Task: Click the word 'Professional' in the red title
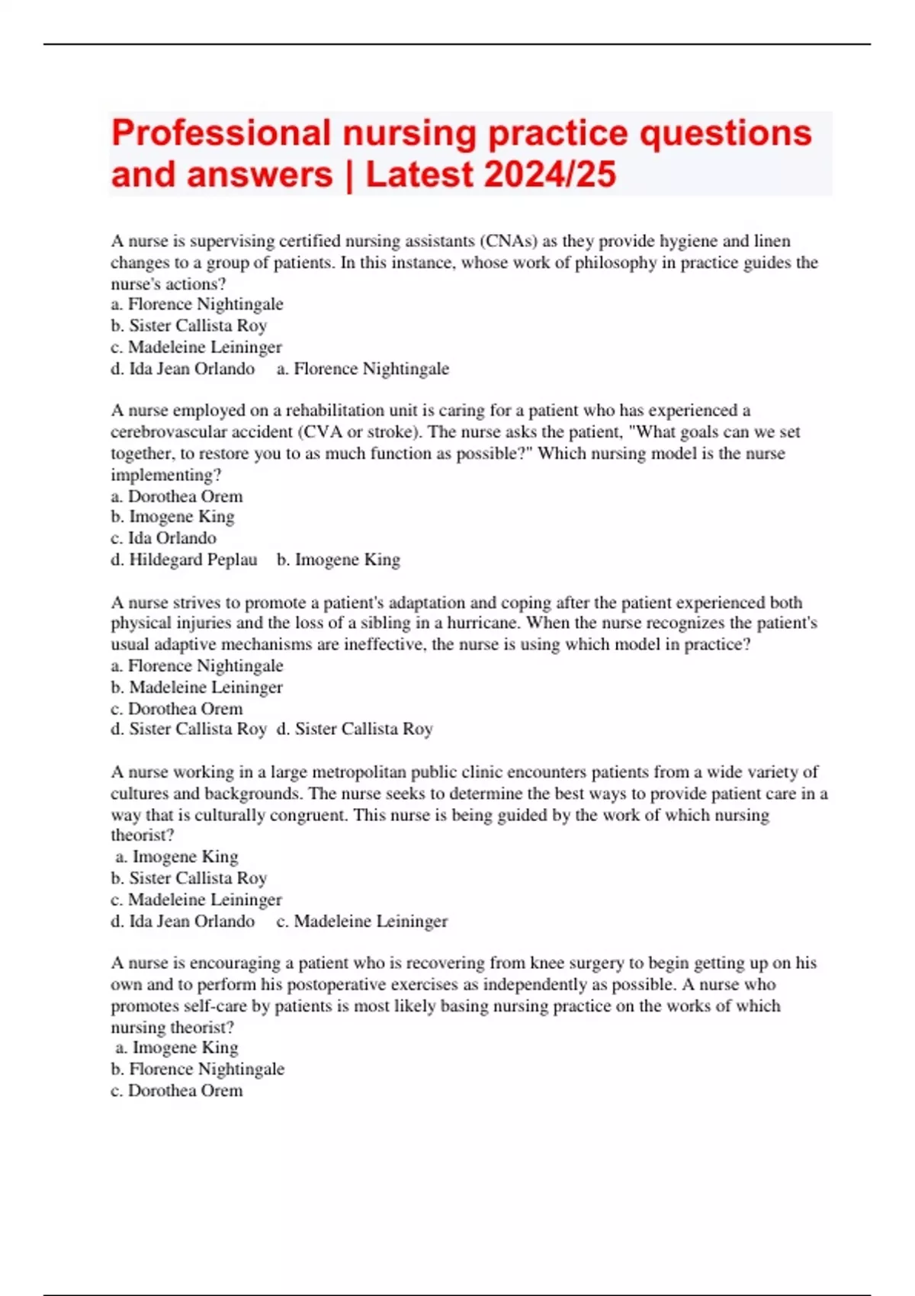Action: [220, 133]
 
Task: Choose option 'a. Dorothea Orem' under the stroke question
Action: [177, 496]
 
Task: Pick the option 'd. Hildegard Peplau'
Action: [184, 560]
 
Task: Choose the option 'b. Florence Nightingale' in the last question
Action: [197, 1069]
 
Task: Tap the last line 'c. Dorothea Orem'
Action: [177, 1090]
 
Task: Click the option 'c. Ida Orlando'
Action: [163, 538]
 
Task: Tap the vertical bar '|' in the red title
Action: [350, 175]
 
